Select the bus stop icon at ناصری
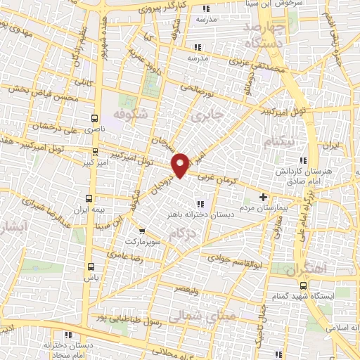pos(95,118)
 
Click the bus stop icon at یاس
pos(91,266)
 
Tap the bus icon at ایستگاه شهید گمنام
pos(303,285)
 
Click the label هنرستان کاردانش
pos(328,171)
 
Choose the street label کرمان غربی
pos(219,181)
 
